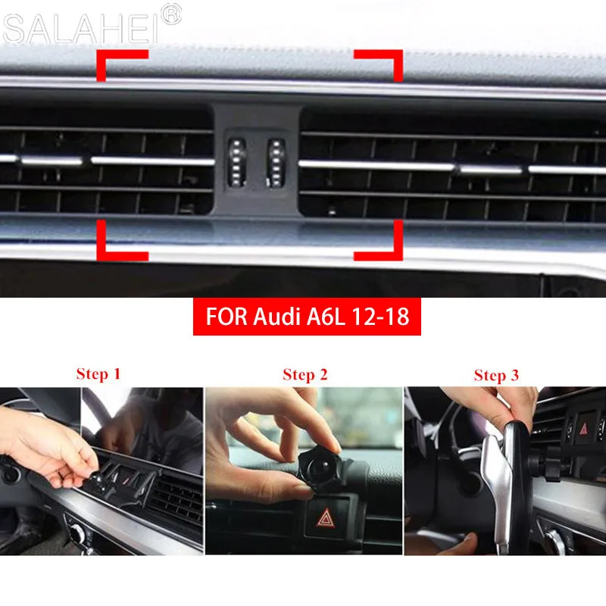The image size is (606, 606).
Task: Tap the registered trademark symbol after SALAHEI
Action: [172, 14]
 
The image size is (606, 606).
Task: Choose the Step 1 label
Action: [98, 373]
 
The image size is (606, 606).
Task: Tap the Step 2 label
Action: [305, 374]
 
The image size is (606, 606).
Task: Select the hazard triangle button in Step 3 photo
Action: [584, 429]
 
